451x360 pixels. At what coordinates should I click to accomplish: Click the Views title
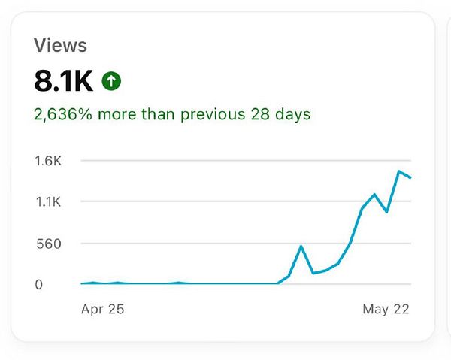click(60, 45)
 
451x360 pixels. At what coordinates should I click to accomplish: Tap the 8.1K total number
click(63, 80)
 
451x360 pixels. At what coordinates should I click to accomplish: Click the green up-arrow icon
click(111, 81)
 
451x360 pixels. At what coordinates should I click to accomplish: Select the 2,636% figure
click(57, 114)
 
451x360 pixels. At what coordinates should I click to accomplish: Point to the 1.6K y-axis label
click(47, 161)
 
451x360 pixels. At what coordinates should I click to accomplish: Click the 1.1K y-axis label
click(47, 202)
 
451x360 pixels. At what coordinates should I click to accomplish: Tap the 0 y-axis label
click(38, 284)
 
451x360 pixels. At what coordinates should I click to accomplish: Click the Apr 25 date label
click(102, 309)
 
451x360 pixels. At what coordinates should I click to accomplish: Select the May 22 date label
click(386, 309)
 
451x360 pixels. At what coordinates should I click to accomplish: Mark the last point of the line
click(410, 177)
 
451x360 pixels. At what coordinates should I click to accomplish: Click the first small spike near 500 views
click(301, 246)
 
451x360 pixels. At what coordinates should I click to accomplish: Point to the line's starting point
click(81, 283)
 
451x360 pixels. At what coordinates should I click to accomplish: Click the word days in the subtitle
click(294, 114)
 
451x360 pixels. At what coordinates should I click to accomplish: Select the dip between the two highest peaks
click(386, 212)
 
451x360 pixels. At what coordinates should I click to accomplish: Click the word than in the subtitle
click(156, 114)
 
